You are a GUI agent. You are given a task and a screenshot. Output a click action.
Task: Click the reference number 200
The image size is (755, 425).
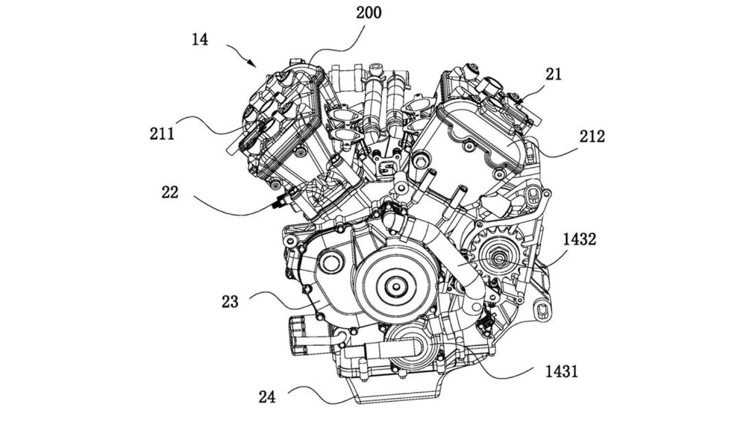coord(368,13)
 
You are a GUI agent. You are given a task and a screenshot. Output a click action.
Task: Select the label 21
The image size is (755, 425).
coord(554,75)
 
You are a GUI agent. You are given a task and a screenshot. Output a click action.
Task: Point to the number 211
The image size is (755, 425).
coord(162,134)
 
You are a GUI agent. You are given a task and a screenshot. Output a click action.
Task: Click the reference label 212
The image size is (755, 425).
coord(592,137)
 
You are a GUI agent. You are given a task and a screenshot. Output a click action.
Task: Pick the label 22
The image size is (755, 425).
coord(169,193)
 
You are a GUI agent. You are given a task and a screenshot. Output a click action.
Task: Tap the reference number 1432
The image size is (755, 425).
coord(579,239)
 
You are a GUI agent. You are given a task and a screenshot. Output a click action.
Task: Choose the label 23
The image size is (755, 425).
coord(230,301)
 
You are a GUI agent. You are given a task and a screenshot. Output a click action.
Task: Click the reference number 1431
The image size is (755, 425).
coord(562,372)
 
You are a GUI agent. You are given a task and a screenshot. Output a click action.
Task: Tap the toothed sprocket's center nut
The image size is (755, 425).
coord(499,258)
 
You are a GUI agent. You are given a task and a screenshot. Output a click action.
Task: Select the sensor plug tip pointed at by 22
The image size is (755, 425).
coord(275,205)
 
